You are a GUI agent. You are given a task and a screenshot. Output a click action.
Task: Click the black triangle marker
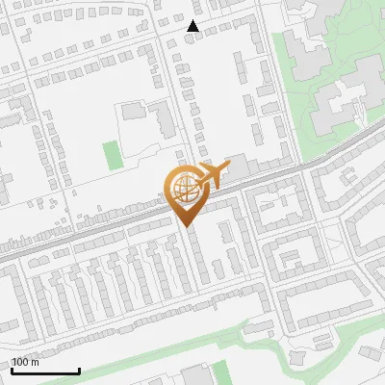click(x=193, y=26)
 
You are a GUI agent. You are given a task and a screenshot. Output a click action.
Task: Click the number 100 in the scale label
click(x=21, y=362)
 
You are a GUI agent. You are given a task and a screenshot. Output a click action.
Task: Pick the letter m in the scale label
click(x=36, y=362)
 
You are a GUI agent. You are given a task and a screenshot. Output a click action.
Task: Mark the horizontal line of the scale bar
click(x=45, y=371)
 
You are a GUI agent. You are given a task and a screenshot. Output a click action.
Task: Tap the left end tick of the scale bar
click(x=12, y=369)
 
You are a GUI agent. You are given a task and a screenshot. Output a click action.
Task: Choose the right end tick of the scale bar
click(x=79, y=369)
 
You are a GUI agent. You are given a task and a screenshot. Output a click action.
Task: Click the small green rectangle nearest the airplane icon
click(x=113, y=154)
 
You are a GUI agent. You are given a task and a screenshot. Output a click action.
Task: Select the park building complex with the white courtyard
click(x=341, y=100)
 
